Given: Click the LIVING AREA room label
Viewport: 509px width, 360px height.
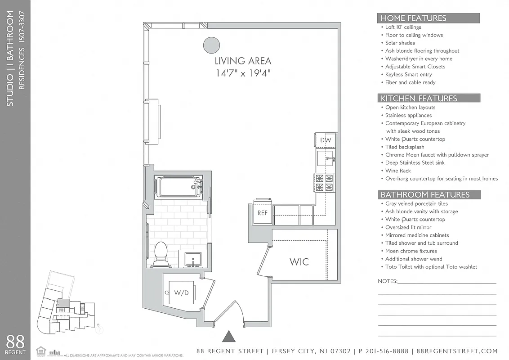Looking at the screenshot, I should (x=243, y=61).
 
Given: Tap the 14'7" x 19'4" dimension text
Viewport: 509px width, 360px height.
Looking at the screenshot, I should (x=243, y=73).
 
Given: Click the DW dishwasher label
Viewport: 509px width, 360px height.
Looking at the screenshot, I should (x=326, y=140).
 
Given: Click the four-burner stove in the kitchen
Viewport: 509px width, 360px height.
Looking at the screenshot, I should (x=324, y=183).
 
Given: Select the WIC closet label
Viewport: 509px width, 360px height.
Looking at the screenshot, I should (x=299, y=261).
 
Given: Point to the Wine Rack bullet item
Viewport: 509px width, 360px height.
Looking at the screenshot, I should (x=398, y=171).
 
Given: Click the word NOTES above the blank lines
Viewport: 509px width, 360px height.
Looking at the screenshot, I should (x=388, y=281).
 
